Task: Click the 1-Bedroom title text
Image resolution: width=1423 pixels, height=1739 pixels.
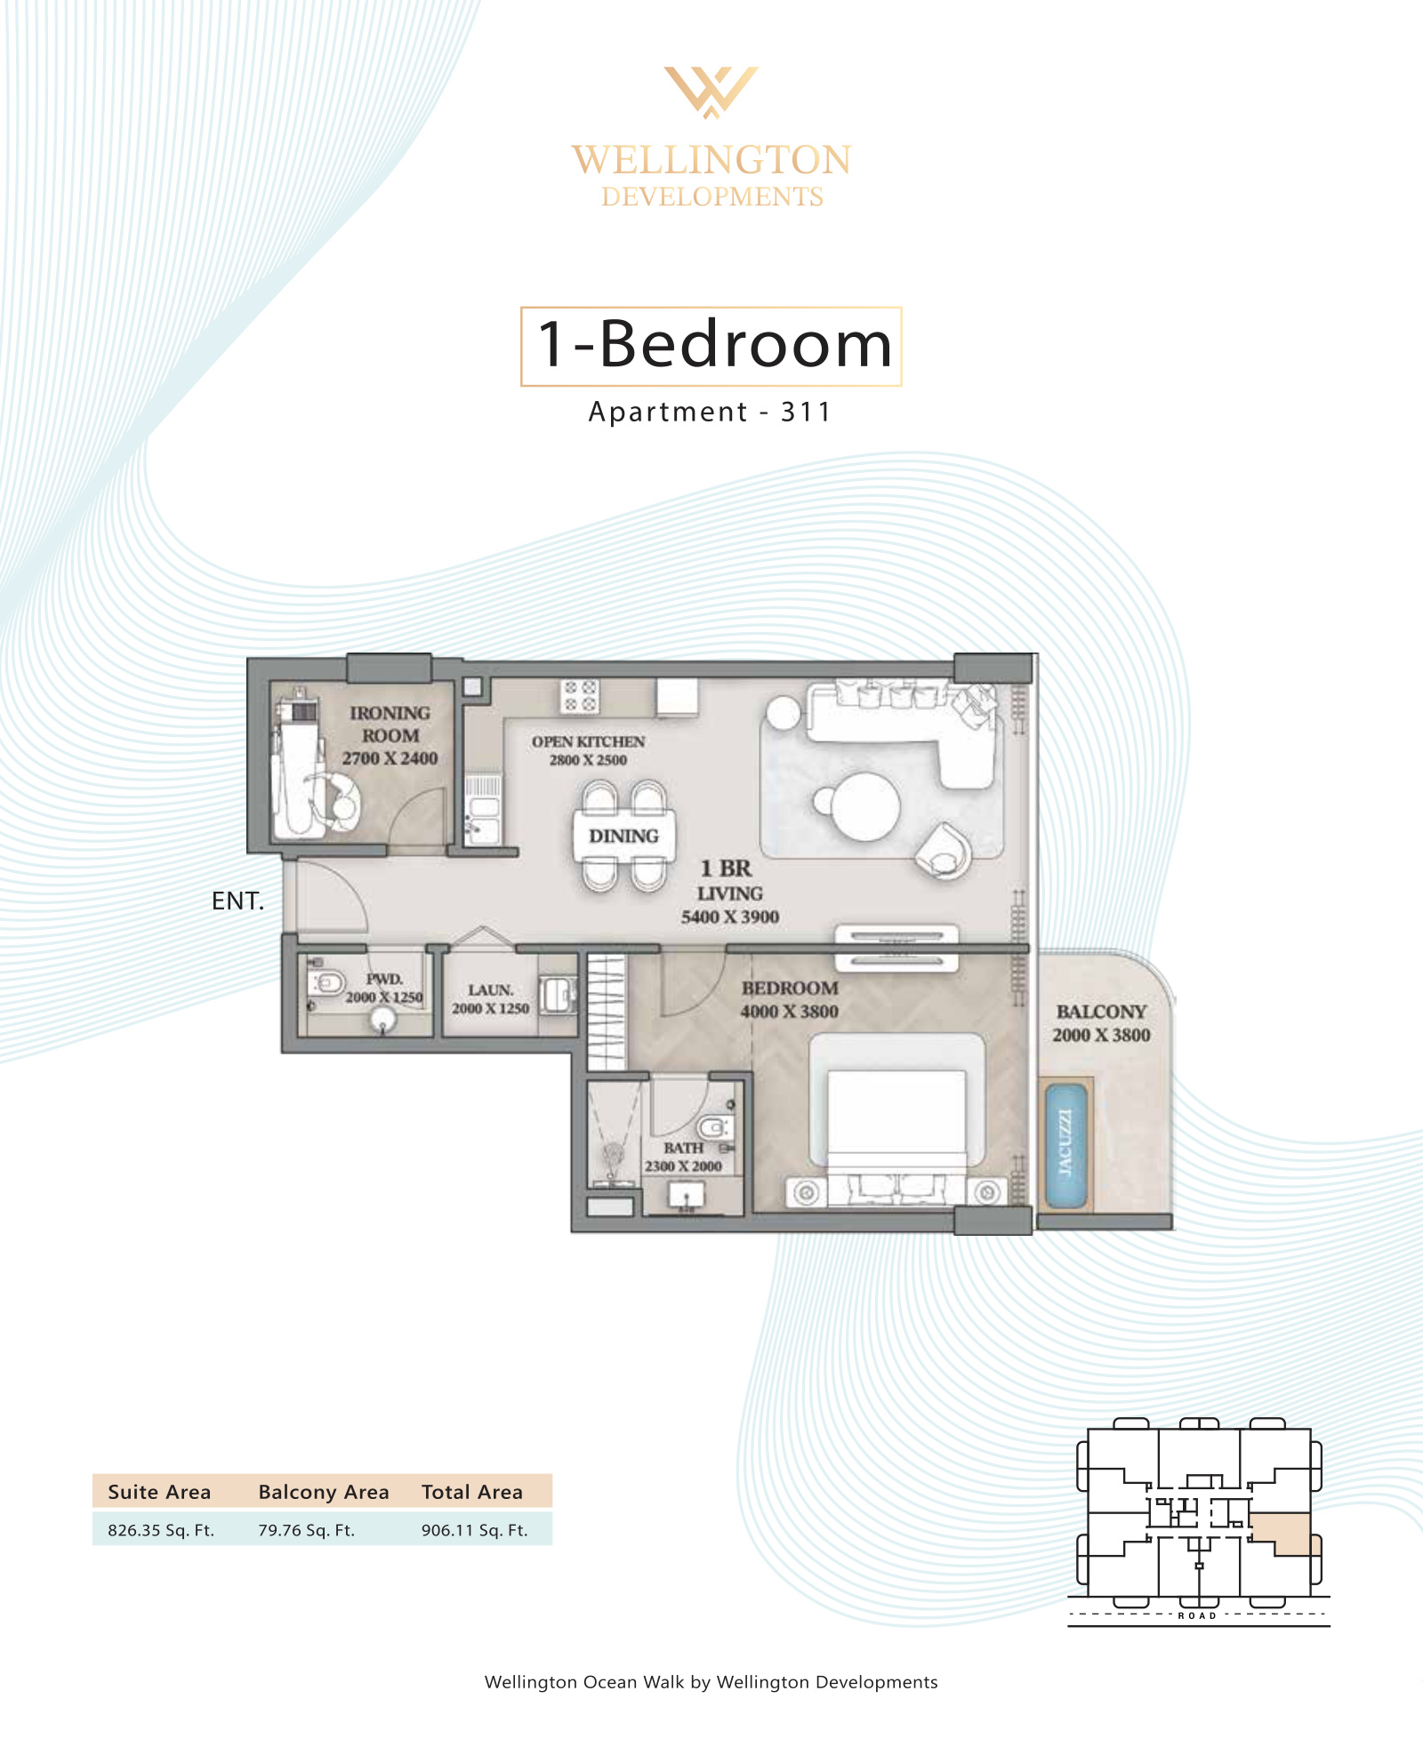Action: tap(714, 345)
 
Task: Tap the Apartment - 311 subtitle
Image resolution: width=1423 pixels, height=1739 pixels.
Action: tap(710, 413)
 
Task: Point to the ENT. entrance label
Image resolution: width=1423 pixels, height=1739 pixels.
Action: tap(237, 902)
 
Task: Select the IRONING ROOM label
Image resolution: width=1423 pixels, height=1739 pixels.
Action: tap(390, 725)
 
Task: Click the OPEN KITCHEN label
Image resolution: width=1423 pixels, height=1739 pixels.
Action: tap(588, 741)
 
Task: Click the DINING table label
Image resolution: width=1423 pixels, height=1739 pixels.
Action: tap(623, 837)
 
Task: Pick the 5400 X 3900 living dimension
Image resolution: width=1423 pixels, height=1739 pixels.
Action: tap(730, 918)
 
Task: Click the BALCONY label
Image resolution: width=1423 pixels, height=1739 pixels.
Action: tap(1101, 1012)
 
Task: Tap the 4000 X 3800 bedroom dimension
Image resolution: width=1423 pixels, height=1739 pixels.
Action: tap(789, 1012)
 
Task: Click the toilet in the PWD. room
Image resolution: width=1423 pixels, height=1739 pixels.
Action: tap(326, 983)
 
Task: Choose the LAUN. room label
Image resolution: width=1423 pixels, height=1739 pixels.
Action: tap(490, 990)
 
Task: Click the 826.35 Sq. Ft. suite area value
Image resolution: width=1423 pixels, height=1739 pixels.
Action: tap(161, 1530)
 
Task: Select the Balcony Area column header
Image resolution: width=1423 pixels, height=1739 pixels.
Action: tap(324, 1492)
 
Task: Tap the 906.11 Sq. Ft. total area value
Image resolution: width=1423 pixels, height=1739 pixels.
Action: tap(474, 1530)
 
